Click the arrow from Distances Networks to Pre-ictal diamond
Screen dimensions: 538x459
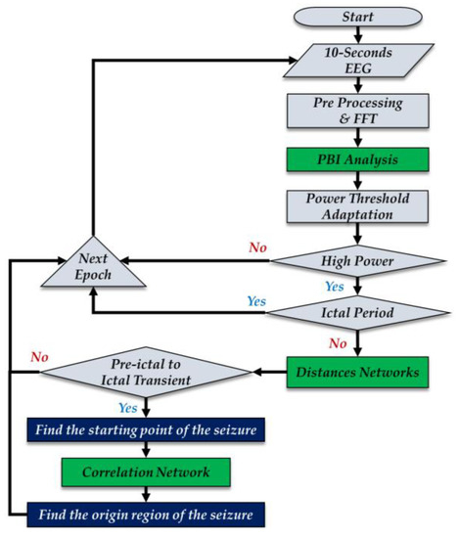(x=268, y=373)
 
